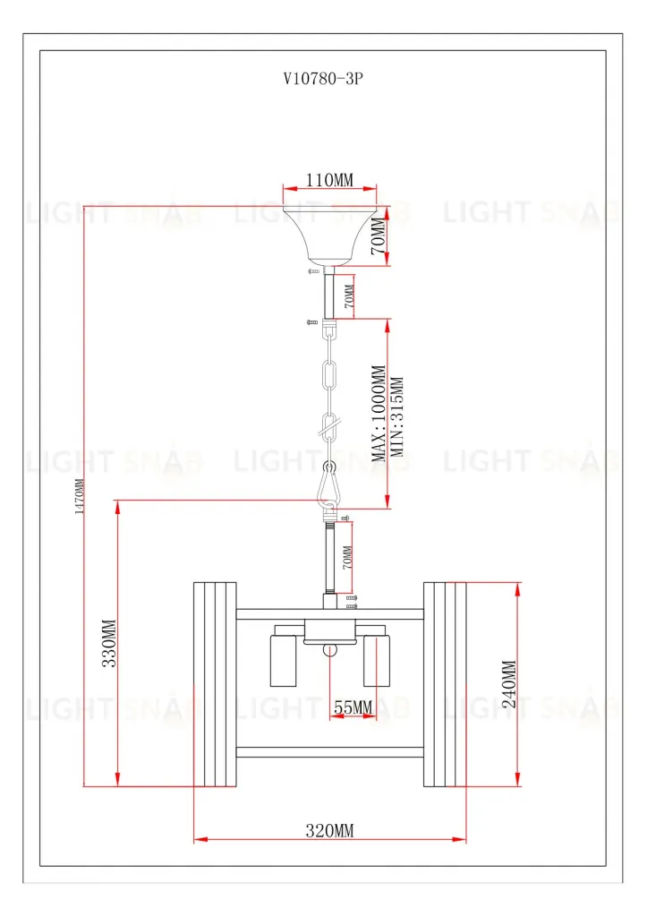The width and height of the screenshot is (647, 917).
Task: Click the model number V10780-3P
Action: pyautogui.click(x=322, y=79)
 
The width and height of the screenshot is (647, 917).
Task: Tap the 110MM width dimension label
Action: pyautogui.click(x=328, y=181)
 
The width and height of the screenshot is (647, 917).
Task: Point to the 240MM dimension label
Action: pyautogui.click(x=509, y=685)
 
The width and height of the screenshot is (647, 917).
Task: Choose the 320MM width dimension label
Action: pyautogui.click(x=329, y=831)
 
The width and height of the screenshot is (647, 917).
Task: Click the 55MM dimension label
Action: pyautogui.click(x=353, y=707)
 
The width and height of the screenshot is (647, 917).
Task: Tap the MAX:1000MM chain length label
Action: pyautogui.click(x=379, y=412)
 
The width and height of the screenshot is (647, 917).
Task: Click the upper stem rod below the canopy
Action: pyautogui.click(x=329, y=294)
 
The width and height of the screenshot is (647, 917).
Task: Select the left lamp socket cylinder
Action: pyautogui.click(x=283, y=660)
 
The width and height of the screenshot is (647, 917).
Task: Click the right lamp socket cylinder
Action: pyautogui.click(x=377, y=660)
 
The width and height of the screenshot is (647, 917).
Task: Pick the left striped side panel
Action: pyautogui.click(x=216, y=684)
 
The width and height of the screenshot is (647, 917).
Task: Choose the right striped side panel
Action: pyautogui.click(x=445, y=684)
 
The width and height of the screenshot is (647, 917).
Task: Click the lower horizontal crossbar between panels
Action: pyautogui.click(x=329, y=752)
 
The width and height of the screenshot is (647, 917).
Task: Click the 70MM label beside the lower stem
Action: pyautogui.click(x=347, y=557)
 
